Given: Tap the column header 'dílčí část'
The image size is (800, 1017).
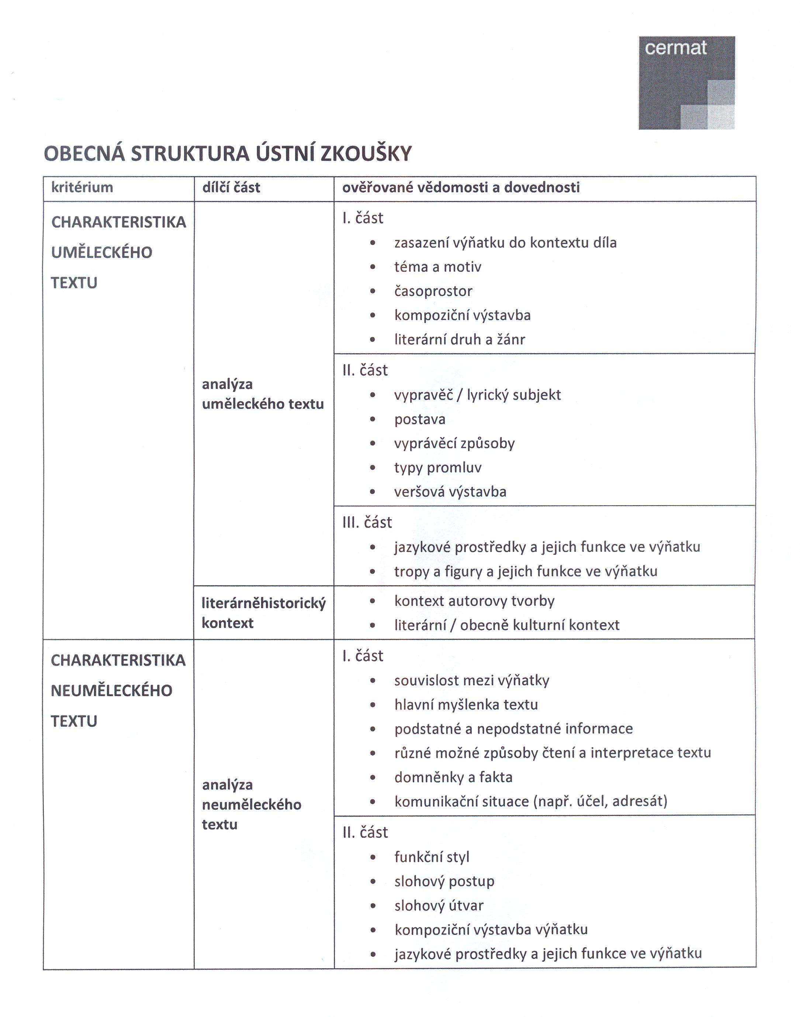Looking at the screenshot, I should click(x=231, y=187).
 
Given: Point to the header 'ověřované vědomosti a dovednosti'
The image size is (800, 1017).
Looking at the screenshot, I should click(x=461, y=187).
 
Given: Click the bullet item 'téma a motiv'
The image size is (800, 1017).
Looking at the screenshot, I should click(x=437, y=267).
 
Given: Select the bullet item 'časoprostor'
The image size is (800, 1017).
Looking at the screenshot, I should click(x=433, y=291).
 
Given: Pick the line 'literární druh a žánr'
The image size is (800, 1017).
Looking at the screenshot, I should click(x=460, y=339).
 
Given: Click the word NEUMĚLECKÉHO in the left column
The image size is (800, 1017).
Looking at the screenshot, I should click(x=111, y=690).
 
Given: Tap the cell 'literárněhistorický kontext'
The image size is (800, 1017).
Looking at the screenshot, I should click(x=263, y=613).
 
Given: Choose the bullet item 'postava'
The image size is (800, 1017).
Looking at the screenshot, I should click(x=420, y=419).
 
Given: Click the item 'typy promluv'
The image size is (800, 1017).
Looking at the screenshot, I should click(x=437, y=467).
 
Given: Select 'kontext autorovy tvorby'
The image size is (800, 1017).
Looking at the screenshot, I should click(x=474, y=601).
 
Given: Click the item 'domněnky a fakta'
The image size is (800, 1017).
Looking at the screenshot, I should click(x=453, y=777).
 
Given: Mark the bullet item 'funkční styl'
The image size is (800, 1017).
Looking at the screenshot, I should click(x=432, y=857).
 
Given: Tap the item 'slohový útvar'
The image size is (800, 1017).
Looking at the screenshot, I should click(x=439, y=906).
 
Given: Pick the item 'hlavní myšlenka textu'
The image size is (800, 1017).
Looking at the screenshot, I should click(x=466, y=704).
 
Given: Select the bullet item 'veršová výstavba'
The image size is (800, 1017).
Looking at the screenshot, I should click(x=450, y=492).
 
